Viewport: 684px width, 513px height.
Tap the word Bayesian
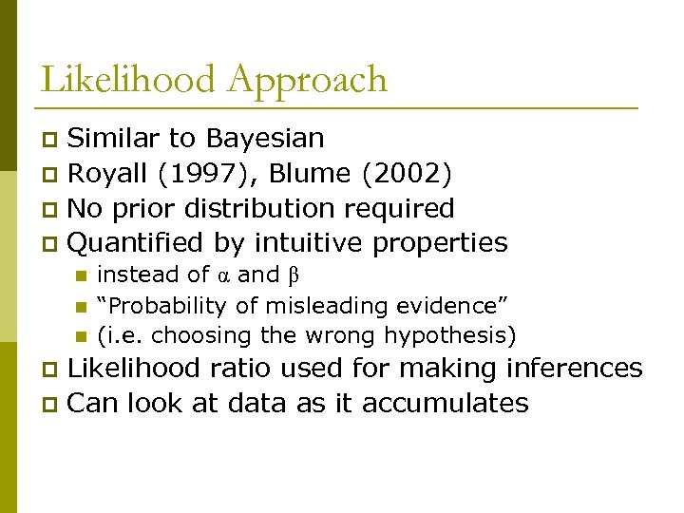(265, 139)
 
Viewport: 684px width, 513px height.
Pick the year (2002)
(410, 174)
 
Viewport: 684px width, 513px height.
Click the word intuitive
(308, 243)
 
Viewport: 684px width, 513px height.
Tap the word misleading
(327, 306)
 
